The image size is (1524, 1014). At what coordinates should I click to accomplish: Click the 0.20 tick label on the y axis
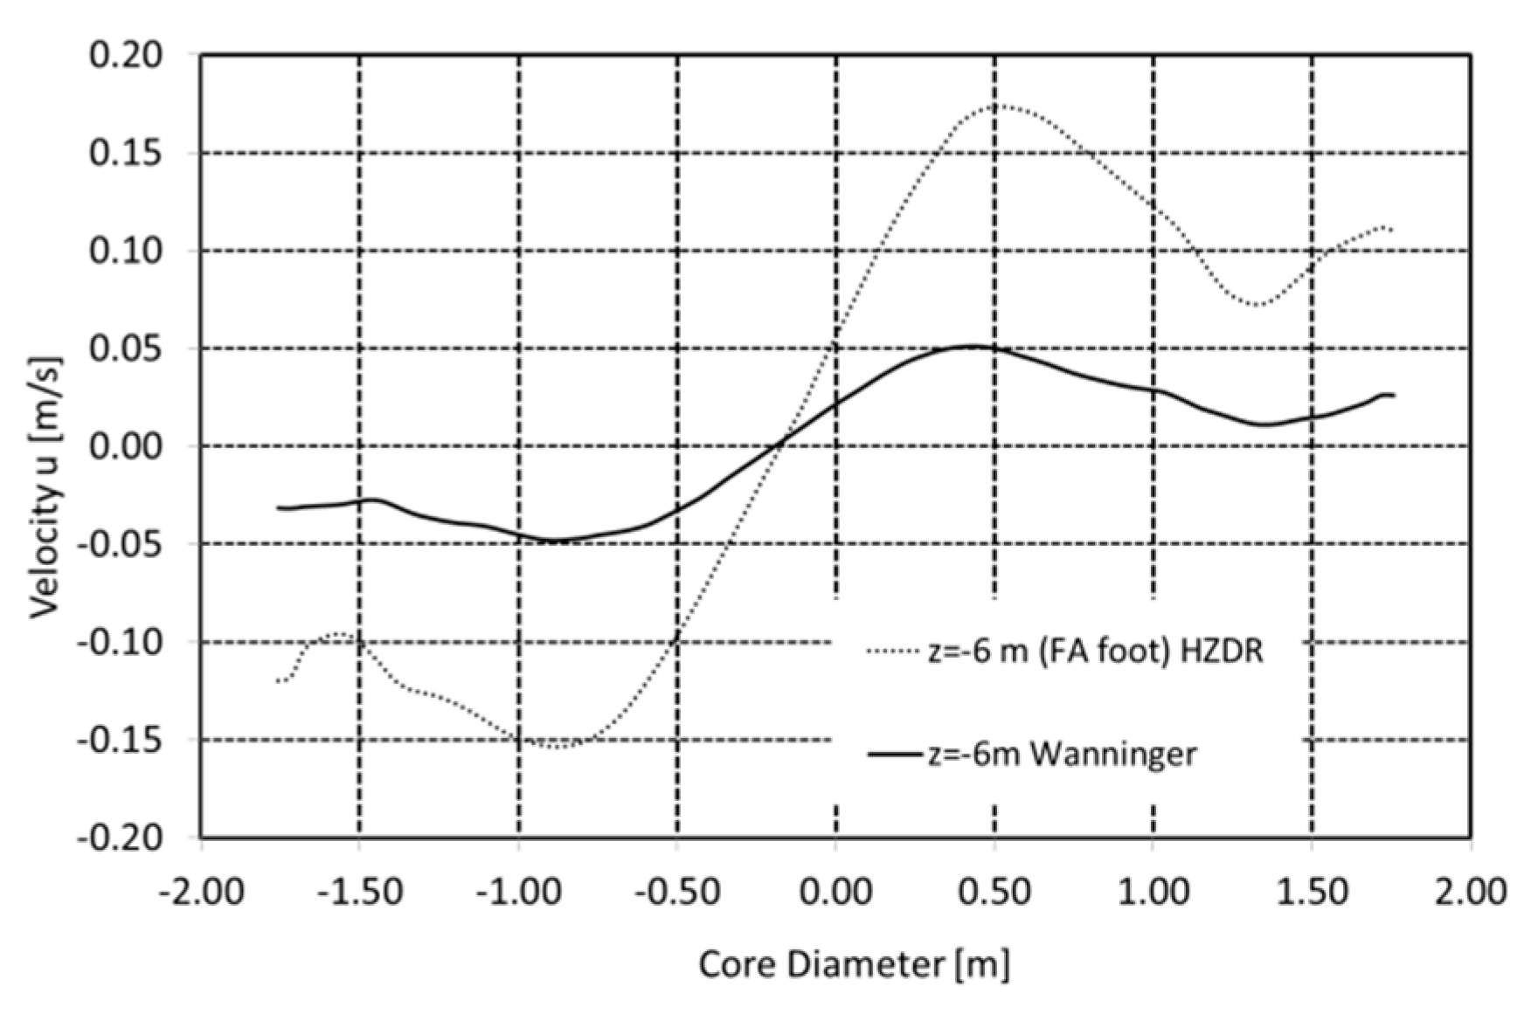click(x=126, y=55)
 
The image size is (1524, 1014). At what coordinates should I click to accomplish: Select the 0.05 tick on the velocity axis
click(x=126, y=348)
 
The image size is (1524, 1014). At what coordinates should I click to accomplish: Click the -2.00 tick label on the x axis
click(x=202, y=892)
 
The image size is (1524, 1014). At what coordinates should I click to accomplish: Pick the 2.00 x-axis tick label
click(x=1472, y=892)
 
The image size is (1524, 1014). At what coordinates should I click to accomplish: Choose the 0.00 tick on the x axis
click(x=837, y=892)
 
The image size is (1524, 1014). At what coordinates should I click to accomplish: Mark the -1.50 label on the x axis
click(x=360, y=892)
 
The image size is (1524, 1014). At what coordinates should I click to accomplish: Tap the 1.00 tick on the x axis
click(x=1154, y=892)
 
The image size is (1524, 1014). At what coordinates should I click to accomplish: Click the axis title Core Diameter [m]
click(x=854, y=965)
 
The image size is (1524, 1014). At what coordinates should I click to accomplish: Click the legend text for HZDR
click(x=1096, y=651)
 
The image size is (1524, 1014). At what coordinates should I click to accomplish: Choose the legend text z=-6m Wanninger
click(x=1063, y=753)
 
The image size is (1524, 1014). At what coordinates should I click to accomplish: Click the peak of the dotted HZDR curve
click(x=995, y=106)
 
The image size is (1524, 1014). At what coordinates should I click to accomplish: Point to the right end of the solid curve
click(x=1394, y=396)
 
